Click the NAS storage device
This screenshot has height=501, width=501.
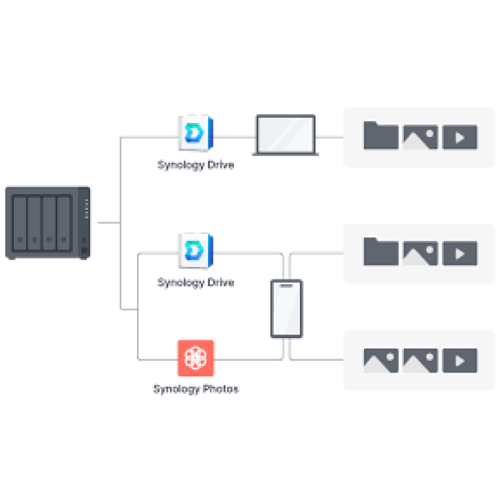click(x=48, y=222)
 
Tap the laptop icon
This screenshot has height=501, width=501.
click(x=286, y=135)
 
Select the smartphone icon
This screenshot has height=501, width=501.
click(x=287, y=308)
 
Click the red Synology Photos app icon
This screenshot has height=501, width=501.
click(x=196, y=358)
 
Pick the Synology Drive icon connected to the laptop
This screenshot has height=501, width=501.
click(x=196, y=132)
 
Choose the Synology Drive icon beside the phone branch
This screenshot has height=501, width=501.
click(x=196, y=251)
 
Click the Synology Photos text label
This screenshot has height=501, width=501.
click(x=196, y=389)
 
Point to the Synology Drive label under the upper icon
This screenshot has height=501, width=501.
click(x=196, y=165)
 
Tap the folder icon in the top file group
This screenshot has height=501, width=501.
click(x=381, y=135)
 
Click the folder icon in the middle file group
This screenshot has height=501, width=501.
click(x=381, y=251)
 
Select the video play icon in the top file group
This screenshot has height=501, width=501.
click(x=460, y=137)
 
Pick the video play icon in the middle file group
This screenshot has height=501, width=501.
click(x=460, y=254)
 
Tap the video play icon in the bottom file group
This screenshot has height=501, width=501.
click(x=460, y=360)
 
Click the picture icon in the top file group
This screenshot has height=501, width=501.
click(x=420, y=137)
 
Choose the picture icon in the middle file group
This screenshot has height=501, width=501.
click(x=420, y=254)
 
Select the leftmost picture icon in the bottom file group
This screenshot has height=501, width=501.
click(x=381, y=360)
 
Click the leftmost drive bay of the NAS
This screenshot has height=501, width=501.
click(x=20, y=223)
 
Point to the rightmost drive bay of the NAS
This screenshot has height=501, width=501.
click(x=63, y=223)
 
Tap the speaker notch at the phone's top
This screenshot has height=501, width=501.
click(x=287, y=286)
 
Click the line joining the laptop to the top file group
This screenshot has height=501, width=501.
click(x=330, y=138)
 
